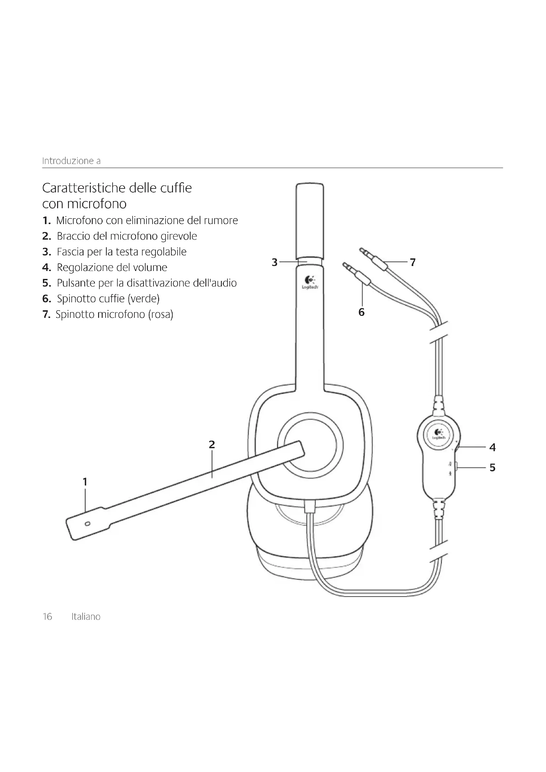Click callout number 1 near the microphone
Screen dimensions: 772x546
point(85,482)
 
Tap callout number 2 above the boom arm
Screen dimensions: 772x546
point(212,445)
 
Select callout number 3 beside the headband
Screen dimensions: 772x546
point(275,262)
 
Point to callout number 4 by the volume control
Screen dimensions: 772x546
point(493,447)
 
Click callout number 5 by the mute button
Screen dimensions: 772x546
point(493,467)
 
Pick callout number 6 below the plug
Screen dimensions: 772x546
point(361,312)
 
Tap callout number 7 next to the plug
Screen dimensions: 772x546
point(413,262)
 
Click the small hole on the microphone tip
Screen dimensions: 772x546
point(88,524)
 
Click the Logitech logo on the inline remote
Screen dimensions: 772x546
point(439,434)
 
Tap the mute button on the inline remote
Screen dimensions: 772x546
point(456,466)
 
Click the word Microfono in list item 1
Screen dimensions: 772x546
point(79,220)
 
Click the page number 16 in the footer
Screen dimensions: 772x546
point(48,617)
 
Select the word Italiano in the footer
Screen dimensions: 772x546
point(86,617)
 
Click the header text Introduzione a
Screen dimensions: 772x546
point(71,161)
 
